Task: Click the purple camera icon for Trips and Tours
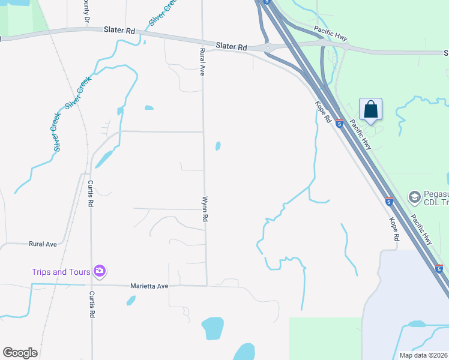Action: pos(100,272)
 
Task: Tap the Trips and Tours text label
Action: pos(61,272)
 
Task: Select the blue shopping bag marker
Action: pos(370,110)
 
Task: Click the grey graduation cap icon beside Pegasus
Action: pos(414,197)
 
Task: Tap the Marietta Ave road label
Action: pos(149,286)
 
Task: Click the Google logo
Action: pos(20,353)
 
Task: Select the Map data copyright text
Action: pos(423,355)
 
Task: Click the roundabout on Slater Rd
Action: pos(267,47)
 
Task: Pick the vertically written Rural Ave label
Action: pos(202,62)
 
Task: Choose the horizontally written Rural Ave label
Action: pos(43,244)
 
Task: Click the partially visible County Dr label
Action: pos(86,13)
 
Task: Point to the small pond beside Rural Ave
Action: pos(218,146)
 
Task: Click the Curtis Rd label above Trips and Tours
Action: pos(91,194)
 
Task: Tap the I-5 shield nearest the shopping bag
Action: pos(339,124)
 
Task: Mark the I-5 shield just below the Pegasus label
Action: pos(389,202)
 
